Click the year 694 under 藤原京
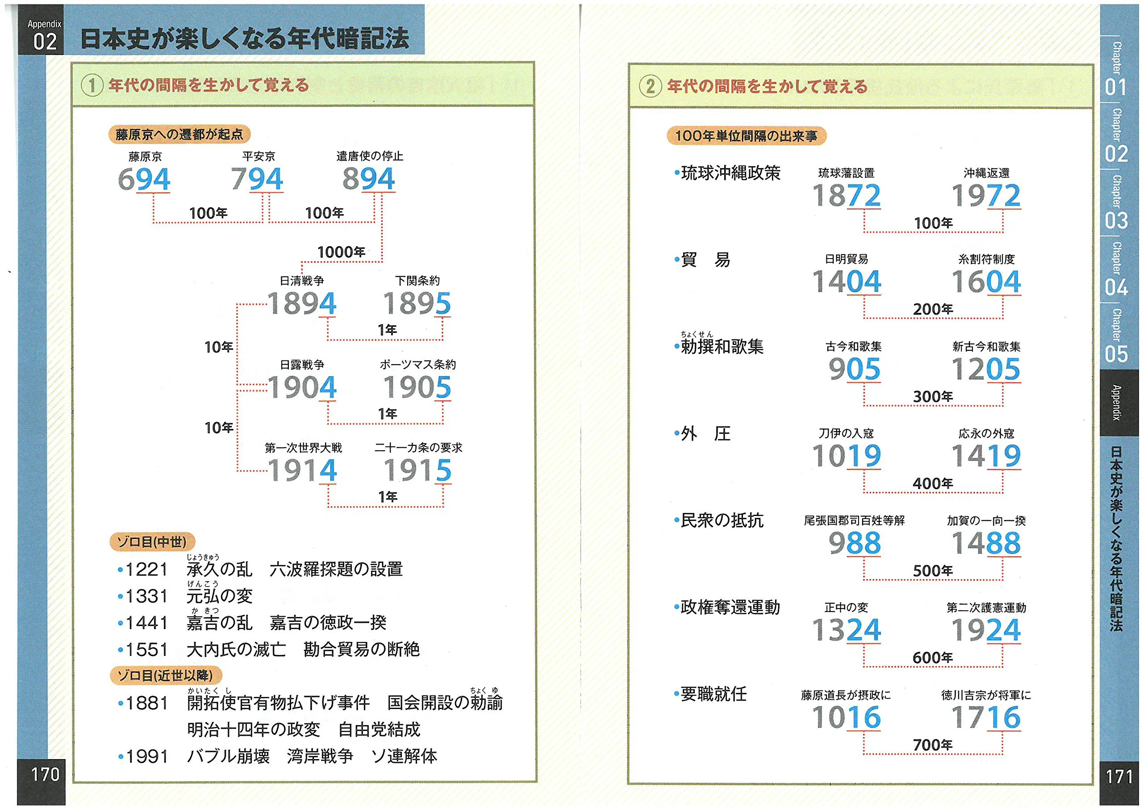144,180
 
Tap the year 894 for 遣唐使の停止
368,179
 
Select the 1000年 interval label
342,252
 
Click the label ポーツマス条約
418,365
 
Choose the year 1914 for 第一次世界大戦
302,470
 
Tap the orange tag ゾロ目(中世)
152,541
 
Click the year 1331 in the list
146,596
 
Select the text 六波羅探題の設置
336,569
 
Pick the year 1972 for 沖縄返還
986,196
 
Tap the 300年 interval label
933,397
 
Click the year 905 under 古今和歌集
855,369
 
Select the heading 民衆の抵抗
722,520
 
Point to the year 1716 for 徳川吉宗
986,718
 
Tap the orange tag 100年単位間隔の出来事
746,136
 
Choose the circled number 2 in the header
650,86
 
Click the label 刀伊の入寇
847,433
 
